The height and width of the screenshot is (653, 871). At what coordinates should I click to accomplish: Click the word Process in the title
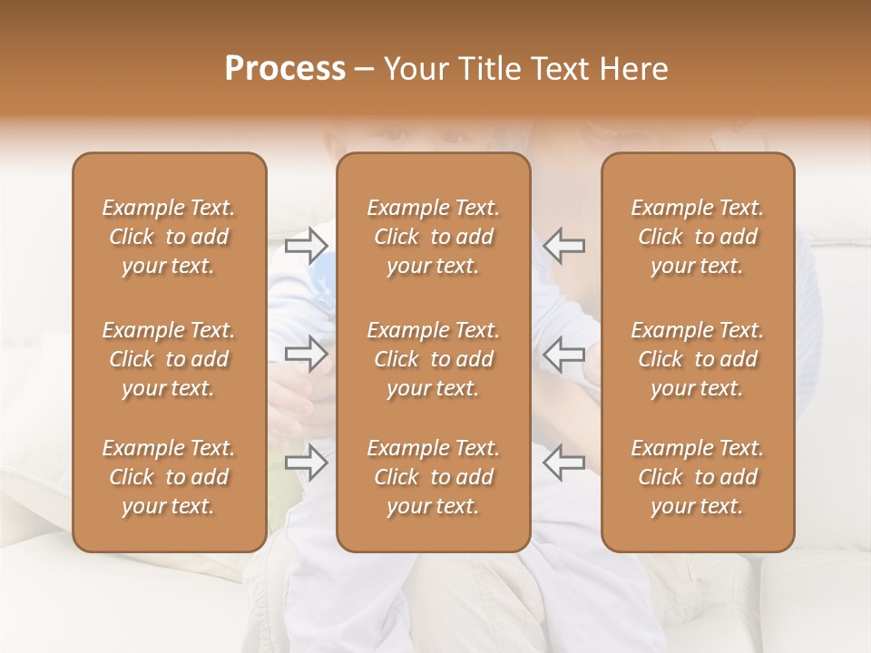click(x=285, y=69)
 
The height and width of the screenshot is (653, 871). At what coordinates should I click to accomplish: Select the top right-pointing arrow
click(x=307, y=245)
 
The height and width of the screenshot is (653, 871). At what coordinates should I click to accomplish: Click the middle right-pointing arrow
click(x=307, y=353)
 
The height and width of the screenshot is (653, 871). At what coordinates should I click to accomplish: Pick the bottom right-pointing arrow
click(x=307, y=463)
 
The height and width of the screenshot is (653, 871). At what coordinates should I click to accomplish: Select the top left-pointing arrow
click(x=563, y=245)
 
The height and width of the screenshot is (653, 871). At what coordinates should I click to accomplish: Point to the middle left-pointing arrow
click(x=563, y=353)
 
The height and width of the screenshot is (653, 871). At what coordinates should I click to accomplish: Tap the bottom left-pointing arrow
click(x=563, y=463)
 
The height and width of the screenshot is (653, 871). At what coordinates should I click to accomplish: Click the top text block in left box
click(x=169, y=237)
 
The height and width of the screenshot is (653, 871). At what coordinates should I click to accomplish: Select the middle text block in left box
click(x=169, y=359)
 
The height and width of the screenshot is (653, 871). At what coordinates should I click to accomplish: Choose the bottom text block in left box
click(x=169, y=477)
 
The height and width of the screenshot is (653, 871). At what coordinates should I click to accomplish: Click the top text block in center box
click(x=433, y=237)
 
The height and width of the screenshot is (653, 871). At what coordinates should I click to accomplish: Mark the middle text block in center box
click(x=433, y=359)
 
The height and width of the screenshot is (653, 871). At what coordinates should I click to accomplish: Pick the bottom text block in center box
click(x=433, y=477)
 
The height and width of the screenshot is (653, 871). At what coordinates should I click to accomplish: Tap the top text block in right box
click(x=697, y=237)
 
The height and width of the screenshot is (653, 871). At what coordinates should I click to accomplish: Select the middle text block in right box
click(x=697, y=359)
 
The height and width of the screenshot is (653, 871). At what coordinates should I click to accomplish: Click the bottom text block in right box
click(x=697, y=477)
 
